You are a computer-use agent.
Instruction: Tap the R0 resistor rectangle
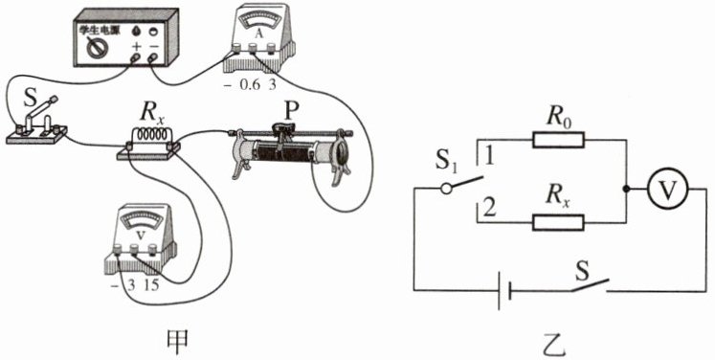pos(558,140)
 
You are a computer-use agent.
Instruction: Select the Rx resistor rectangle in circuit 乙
pos(558,222)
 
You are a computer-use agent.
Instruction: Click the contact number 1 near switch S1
pos(490,156)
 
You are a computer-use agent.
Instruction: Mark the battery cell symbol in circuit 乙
pos(503,290)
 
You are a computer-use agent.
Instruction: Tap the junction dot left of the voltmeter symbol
pos(627,190)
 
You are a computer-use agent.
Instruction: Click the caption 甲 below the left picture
pos(176,341)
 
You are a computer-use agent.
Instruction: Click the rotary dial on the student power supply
pos(97,48)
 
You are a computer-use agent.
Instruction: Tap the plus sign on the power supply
pos(136,47)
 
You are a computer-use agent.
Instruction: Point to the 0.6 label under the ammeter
pos(249,85)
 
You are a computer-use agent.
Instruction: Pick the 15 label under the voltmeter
pos(151,286)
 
